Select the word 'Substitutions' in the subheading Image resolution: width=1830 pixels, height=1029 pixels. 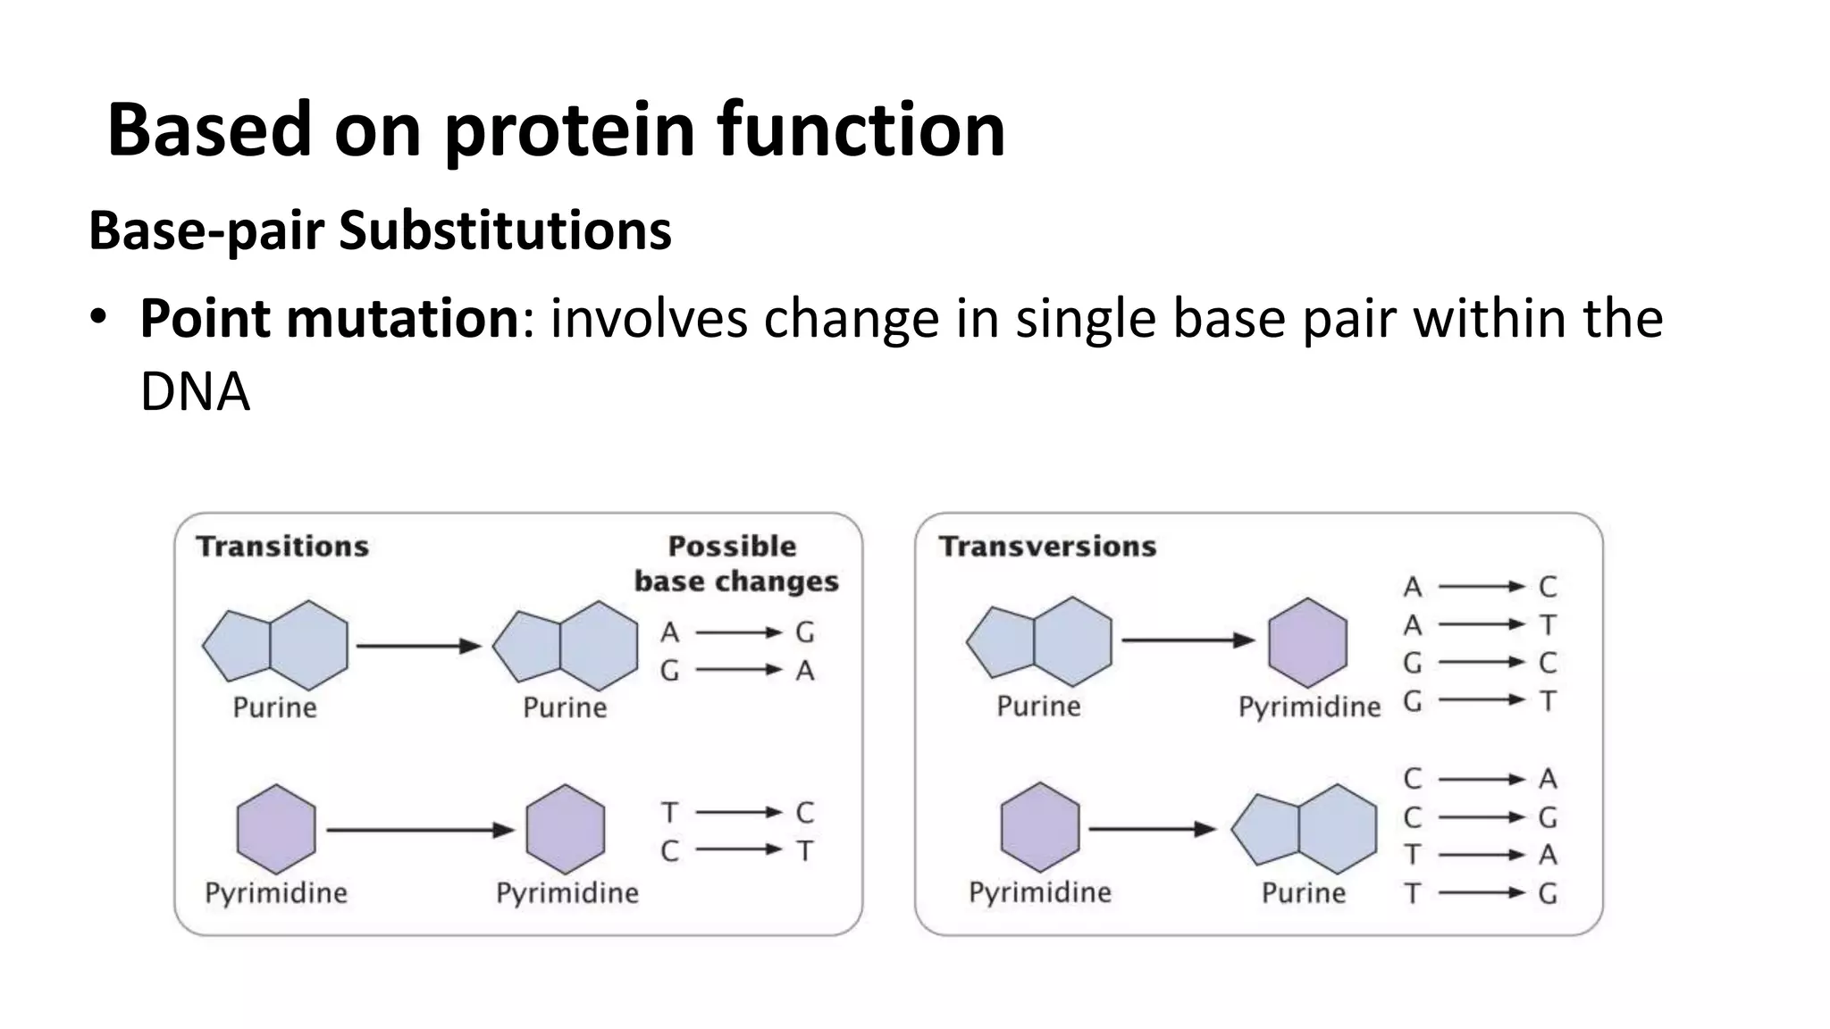505,230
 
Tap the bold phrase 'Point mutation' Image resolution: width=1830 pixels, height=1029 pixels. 330,318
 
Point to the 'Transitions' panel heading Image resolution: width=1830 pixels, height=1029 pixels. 282,546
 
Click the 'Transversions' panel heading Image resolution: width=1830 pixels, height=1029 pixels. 1047,546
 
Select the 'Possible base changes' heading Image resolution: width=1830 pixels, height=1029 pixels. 735,564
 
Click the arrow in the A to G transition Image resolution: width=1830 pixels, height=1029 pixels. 738,632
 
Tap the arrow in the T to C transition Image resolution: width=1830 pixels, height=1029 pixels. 738,812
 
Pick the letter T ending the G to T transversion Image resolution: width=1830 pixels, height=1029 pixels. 1548,701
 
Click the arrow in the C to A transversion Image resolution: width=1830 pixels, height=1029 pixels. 1481,779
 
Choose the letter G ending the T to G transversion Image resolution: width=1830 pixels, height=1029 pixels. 1548,893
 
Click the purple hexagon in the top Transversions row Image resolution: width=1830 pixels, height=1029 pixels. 1307,643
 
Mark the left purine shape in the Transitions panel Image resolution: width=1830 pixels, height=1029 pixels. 275,645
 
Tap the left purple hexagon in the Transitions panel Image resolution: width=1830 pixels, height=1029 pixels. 276,829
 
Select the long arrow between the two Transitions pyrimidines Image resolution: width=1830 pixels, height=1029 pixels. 420,830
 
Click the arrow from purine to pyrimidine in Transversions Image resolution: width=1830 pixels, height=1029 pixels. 1188,640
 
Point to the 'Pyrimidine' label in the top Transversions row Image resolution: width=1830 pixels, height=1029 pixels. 1309,707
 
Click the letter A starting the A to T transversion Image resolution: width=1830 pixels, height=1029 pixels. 1412,624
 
